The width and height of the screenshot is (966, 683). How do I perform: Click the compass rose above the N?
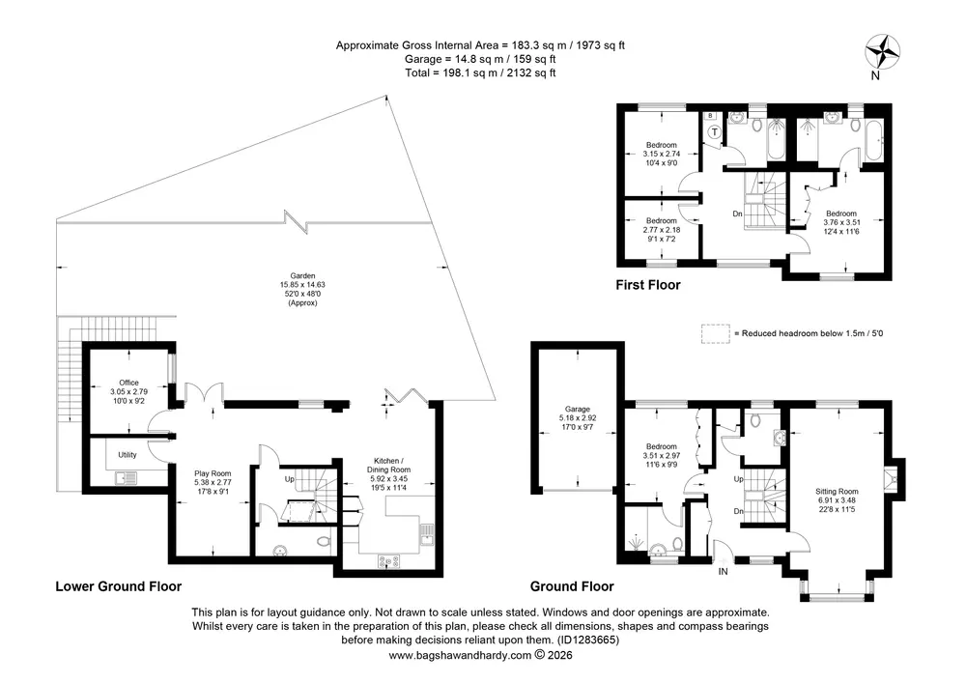pyautogui.click(x=882, y=52)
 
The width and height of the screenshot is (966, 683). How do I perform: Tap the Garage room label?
pyautogui.click(x=578, y=417)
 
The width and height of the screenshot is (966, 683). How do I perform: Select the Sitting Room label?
pyautogui.click(x=837, y=500)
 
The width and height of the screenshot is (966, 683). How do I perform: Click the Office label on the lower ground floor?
pyautogui.click(x=128, y=391)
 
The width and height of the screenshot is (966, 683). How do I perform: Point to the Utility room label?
pyautogui.click(x=128, y=454)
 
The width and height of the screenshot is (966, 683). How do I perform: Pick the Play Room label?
pyautogui.click(x=213, y=482)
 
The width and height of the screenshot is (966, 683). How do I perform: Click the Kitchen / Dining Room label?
pyautogui.click(x=388, y=473)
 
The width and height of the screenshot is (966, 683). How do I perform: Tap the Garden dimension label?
pyautogui.click(x=302, y=290)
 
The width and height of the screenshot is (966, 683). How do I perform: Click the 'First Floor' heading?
pyautogui.click(x=648, y=285)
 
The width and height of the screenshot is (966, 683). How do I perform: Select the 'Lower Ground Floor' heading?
pyautogui.click(x=118, y=585)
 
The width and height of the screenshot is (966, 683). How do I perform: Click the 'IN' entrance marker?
pyautogui.click(x=723, y=572)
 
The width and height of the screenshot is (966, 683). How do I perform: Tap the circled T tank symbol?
pyautogui.click(x=715, y=131)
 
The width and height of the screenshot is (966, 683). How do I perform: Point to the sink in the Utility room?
pyautogui.click(x=127, y=477)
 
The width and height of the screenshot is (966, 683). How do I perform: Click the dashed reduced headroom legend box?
pyautogui.click(x=715, y=333)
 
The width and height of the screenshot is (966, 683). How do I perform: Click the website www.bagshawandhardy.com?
pyautogui.click(x=460, y=655)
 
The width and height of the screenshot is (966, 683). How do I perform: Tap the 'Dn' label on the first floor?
pyautogui.click(x=737, y=213)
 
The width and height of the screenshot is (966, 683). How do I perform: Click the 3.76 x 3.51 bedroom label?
pyautogui.click(x=841, y=222)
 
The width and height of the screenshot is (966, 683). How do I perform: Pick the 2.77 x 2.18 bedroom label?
pyautogui.click(x=662, y=230)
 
